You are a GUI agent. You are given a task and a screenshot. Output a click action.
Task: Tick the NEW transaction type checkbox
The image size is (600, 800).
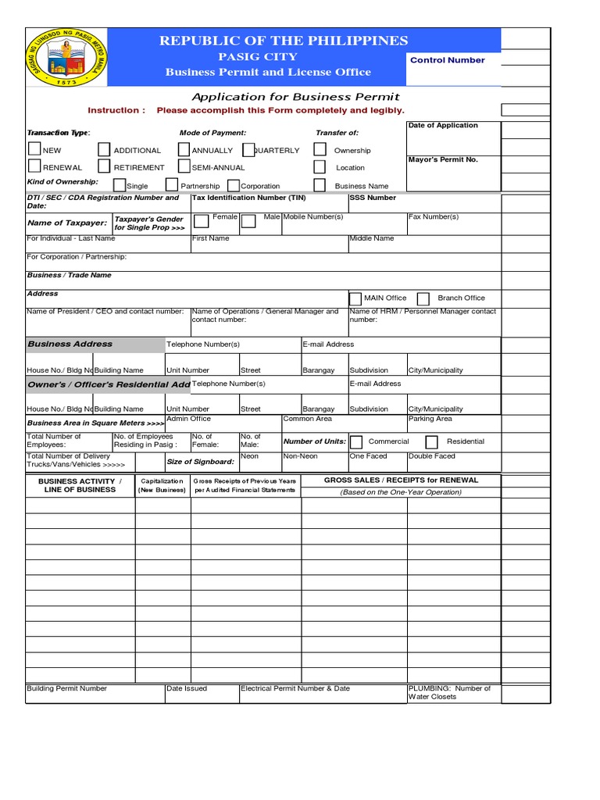point(35,149)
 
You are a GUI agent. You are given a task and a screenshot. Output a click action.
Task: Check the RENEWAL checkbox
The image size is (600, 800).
point(35,166)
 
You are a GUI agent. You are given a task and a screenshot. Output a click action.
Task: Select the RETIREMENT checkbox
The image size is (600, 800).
point(104,166)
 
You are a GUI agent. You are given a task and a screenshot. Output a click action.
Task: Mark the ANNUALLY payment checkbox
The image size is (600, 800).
point(184,149)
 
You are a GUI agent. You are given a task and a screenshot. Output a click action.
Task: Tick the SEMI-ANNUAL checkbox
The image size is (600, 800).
point(184,166)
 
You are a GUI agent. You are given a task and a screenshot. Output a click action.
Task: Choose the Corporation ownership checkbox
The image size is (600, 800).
point(234,185)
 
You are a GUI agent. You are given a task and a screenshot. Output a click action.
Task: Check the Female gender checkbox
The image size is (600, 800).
point(202,221)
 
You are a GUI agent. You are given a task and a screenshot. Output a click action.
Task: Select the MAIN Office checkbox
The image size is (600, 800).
point(355,298)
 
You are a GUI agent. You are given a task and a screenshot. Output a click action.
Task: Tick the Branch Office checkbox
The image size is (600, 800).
point(423,298)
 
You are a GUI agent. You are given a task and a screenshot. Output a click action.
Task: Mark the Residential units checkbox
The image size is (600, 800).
point(431,442)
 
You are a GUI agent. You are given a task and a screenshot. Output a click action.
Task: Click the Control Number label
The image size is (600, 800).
point(447,60)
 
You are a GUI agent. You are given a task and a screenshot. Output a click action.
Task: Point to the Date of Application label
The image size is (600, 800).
point(443,126)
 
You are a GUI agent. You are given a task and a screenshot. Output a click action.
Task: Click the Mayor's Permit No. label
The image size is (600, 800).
point(443,159)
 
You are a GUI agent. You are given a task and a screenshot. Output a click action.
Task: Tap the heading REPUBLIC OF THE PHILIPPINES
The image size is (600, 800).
point(284,41)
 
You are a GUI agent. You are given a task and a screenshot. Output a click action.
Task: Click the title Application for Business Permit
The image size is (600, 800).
point(295,97)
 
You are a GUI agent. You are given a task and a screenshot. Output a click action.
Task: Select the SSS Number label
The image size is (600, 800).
point(373,198)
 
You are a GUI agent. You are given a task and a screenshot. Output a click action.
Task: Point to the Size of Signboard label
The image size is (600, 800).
point(200,462)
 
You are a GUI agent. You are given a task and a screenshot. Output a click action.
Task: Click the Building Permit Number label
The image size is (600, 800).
point(67,688)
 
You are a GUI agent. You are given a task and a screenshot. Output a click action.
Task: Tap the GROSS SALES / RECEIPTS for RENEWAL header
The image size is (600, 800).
point(401,480)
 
